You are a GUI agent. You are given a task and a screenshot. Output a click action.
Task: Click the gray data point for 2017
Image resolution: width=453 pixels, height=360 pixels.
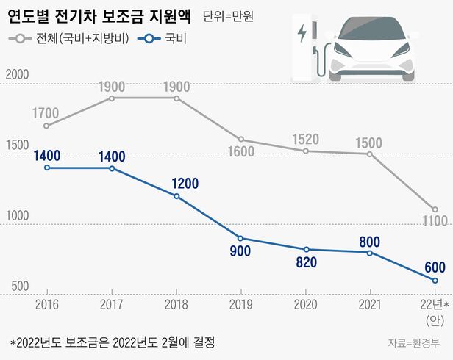pos(112,98)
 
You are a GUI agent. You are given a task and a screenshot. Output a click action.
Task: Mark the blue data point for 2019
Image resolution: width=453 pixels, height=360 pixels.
pos(240,238)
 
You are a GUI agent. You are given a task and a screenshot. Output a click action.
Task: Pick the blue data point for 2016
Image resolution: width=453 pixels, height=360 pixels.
pos(47,168)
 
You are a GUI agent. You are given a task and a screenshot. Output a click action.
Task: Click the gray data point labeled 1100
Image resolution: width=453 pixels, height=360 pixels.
pos(435,209)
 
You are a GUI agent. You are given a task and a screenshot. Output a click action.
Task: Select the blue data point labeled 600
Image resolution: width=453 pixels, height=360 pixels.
pos(435,281)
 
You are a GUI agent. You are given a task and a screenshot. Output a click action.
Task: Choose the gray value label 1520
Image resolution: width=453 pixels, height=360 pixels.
pos(306,138)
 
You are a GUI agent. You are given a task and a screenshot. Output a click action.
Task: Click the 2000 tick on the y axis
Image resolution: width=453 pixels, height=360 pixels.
pos(17,75)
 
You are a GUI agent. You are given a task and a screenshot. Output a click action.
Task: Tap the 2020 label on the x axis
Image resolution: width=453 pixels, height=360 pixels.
pos(306,303)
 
